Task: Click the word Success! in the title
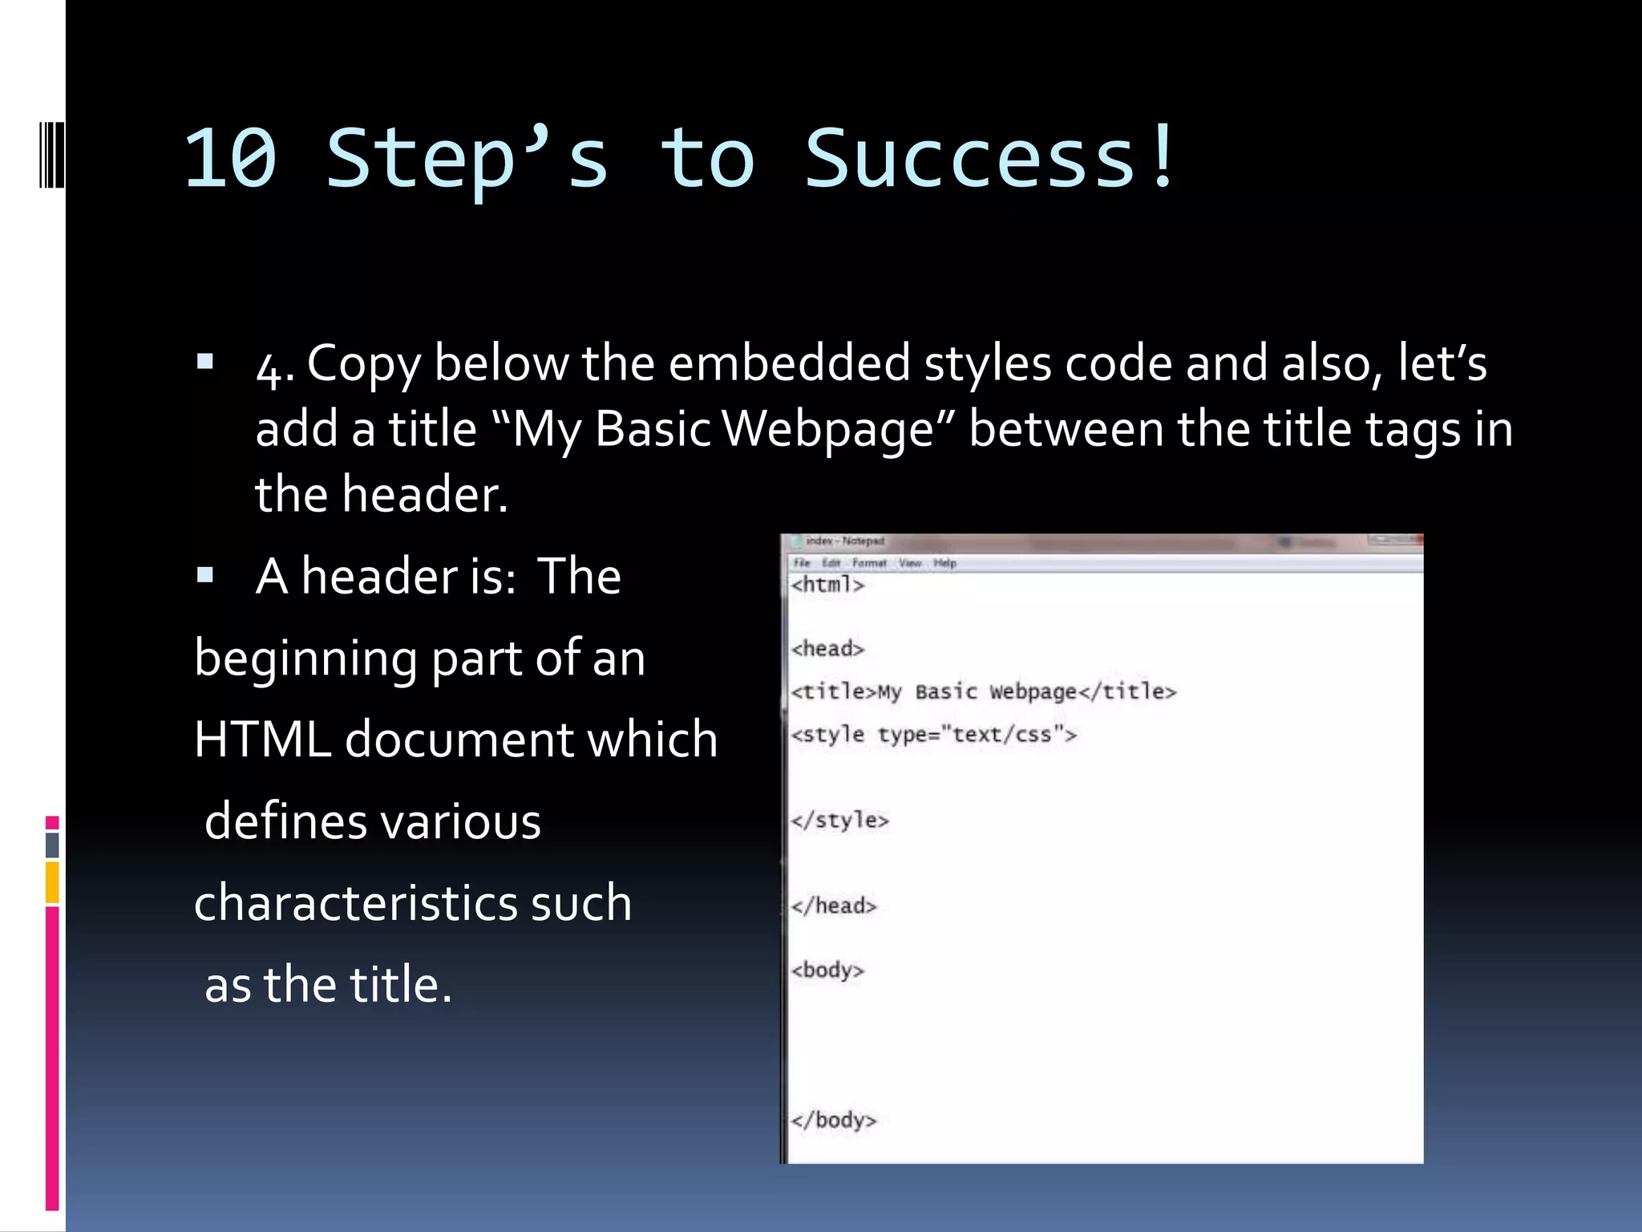[x=991, y=159]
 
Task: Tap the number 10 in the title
[x=230, y=159]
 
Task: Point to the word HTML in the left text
[x=263, y=739]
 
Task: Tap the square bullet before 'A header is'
[x=205, y=574]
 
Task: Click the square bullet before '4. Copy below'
[x=205, y=361]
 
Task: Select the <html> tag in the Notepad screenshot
[x=827, y=585]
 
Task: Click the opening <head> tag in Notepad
[x=827, y=648]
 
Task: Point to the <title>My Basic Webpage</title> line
[x=983, y=691]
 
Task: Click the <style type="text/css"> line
[x=933, y=734]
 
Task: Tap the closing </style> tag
[x=839, y=820]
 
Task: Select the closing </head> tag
[x=834, y=906]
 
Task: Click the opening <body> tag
[x=827, y=970]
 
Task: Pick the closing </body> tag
[x=834, y=1120]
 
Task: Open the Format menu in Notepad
[x=869, y=563]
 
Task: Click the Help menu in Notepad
[x=944, y=563]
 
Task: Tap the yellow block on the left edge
[x=52, y=881]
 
